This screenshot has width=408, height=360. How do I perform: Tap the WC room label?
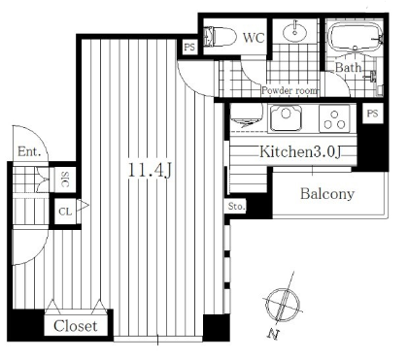pos(254,38)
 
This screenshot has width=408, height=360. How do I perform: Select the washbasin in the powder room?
pos(294,31)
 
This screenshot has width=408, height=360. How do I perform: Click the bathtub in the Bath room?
pos(356,38)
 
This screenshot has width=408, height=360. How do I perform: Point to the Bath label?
pos(348,68)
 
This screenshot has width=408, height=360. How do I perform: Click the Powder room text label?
pos(289,90)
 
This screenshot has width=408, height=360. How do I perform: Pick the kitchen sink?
pos(286,117)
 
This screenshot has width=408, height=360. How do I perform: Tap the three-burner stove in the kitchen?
pos(334,118)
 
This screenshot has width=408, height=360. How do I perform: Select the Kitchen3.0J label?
pos(300,151)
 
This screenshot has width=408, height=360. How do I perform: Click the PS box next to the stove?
pos(372,114)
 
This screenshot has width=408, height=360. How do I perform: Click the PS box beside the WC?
pos(189,48)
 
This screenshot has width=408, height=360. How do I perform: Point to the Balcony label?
pos(327,194)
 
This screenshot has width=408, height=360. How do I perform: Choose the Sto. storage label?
pos(236,206)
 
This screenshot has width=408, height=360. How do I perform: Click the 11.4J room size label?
pos(150,170)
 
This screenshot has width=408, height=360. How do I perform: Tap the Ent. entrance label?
pos(29,151)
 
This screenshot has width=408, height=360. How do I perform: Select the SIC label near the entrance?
pos(65,180)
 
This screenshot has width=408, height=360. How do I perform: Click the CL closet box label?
pos(65,212)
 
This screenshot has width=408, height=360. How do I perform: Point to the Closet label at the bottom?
pos(76,326)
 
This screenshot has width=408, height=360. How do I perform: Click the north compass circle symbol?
pos(283,304)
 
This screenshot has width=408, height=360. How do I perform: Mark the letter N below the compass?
pos(273,334)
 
